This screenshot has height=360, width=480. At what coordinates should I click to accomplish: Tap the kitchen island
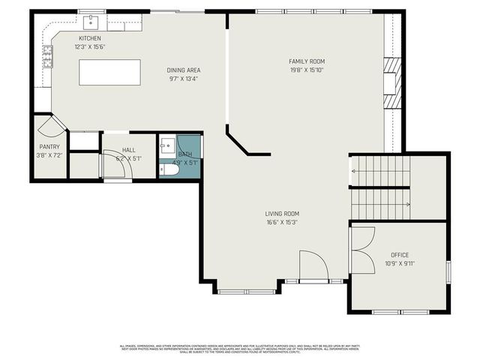109,73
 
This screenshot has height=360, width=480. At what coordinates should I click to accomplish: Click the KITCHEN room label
91,38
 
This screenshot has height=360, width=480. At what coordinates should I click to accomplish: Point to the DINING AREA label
184,70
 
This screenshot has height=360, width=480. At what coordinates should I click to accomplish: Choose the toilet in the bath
169,170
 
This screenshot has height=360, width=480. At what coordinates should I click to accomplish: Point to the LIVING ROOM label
282,213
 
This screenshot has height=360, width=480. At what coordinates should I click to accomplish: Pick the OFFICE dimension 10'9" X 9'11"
400,264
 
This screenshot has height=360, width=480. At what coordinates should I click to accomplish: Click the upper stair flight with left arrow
380,172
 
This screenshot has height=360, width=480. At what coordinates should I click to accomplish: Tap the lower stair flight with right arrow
380,204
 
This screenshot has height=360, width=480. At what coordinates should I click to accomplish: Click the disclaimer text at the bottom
240,348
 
